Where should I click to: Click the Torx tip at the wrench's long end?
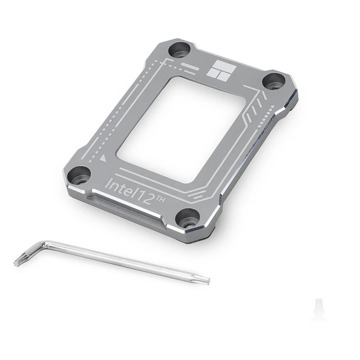click(x=205, y=280)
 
